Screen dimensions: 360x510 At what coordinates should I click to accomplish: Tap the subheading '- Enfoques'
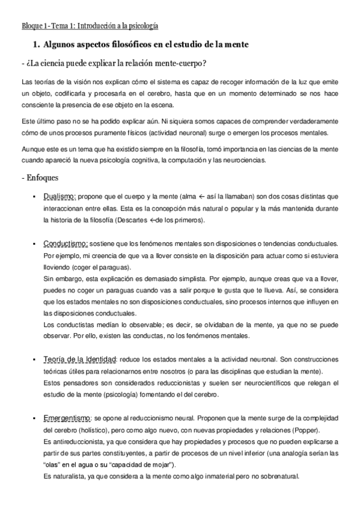pyautogui.click(x=42, y=177)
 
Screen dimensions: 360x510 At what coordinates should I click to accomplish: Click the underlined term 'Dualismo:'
pyautogui.click(x=59, y=197)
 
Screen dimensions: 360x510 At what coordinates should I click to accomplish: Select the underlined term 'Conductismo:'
pyautogui.click(x=66, y=243)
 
